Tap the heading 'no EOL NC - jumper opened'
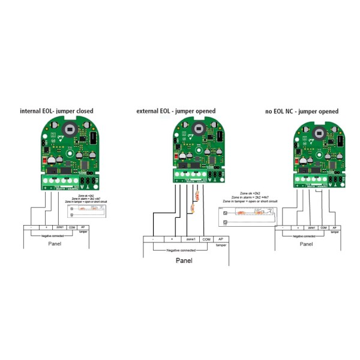[301, 112]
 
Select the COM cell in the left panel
[72, 227]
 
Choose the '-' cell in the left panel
[31, 227]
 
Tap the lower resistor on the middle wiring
[191, 209]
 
